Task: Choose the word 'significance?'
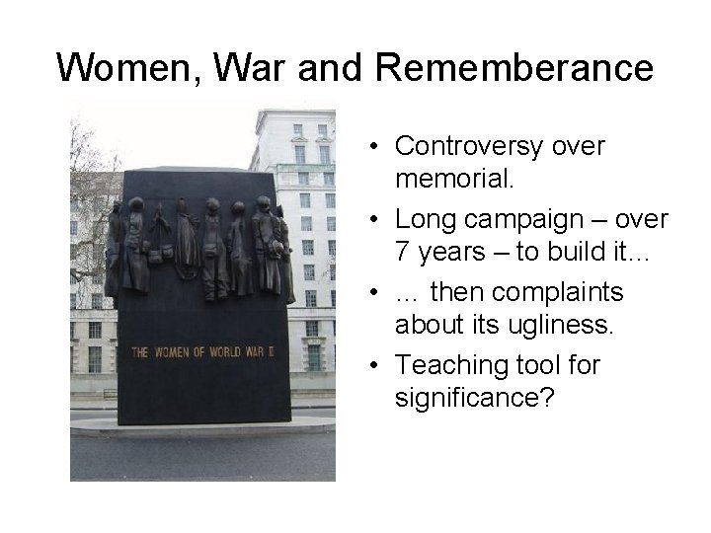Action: (474, 400)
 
